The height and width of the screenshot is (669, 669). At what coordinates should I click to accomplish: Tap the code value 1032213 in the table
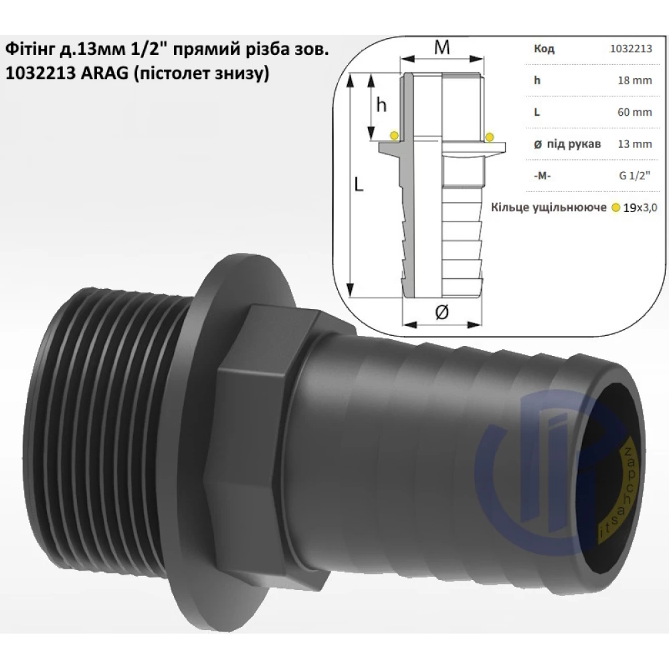pos(631,49)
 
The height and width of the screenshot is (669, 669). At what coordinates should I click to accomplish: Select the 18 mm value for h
pos(635,80)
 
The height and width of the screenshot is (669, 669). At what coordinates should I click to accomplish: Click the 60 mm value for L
pos(635,112)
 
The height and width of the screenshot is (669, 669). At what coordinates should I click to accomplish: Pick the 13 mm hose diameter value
pos(635,144)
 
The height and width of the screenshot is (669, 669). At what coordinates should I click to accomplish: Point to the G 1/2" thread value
pos(635,175)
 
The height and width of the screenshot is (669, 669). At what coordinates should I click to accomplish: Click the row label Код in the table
pos(544,49)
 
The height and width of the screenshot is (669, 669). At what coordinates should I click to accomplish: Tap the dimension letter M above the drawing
pos(442,47)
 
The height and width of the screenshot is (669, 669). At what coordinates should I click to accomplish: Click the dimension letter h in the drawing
pos(381,104)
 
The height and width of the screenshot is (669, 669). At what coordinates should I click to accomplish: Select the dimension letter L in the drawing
pos(359,185)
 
